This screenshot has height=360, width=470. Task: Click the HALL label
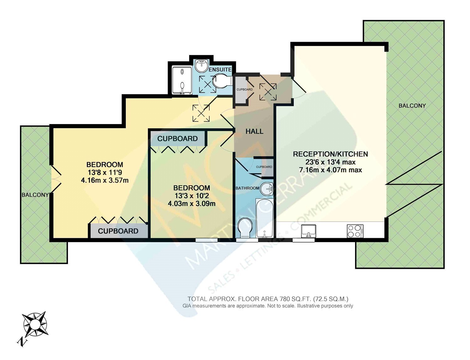254,131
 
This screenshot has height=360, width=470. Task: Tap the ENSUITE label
220,70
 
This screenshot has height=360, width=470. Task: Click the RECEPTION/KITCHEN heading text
330,154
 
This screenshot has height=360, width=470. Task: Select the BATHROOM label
247,188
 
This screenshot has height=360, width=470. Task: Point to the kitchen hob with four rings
355,231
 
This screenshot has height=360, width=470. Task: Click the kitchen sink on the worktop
309,231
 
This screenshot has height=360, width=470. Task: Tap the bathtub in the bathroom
264,218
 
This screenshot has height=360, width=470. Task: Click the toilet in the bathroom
245,228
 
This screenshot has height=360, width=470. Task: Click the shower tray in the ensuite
182,81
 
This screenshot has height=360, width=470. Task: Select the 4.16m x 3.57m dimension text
105,180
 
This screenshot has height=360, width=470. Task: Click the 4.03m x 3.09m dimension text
192,203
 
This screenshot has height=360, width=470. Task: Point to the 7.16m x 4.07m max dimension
330,170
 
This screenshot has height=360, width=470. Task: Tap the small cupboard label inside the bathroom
264,167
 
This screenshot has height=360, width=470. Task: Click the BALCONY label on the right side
412,106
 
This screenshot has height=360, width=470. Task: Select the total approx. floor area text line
268,299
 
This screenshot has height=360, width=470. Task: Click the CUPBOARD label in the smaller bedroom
177,138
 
